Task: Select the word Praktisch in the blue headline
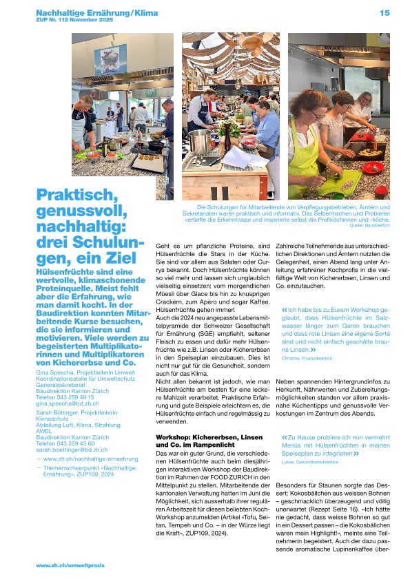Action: tap(71, 196)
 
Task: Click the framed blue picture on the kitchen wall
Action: tap(110, 60)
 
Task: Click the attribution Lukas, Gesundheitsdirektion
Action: tap(310, 462)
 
